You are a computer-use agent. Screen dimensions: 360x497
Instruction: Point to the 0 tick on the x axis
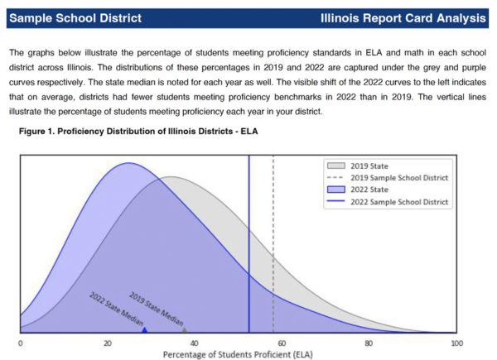tap(20, 342)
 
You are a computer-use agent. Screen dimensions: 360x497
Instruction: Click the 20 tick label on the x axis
tap(107, 342)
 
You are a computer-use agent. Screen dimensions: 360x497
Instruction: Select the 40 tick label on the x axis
tap(194, 342)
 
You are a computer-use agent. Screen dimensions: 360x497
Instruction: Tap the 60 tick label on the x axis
tap(281, 342)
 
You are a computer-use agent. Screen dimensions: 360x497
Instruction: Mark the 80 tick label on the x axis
tap(368, 342)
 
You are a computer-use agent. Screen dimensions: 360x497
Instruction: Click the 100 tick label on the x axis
tap(454, 342)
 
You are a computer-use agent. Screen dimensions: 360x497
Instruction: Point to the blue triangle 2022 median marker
tap(144, 330)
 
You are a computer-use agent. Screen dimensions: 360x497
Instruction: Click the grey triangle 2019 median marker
tap(185, 330)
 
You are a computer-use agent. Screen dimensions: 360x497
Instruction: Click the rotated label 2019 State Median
tap(156, 307)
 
